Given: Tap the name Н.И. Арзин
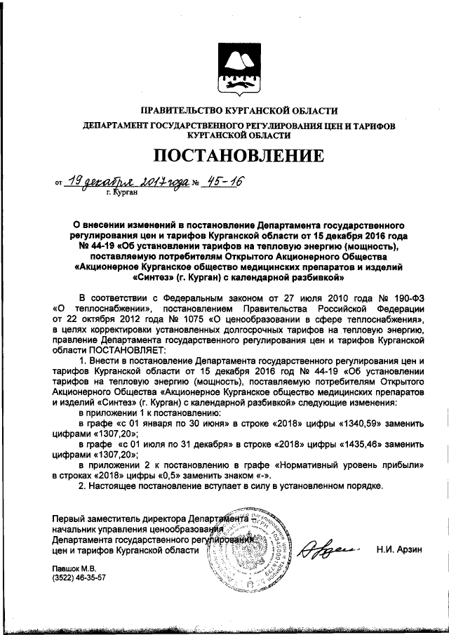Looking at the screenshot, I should point(401,550).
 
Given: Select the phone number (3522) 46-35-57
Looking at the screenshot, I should point(78,578).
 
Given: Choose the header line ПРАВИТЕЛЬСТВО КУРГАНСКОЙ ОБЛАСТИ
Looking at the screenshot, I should point(239,110).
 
